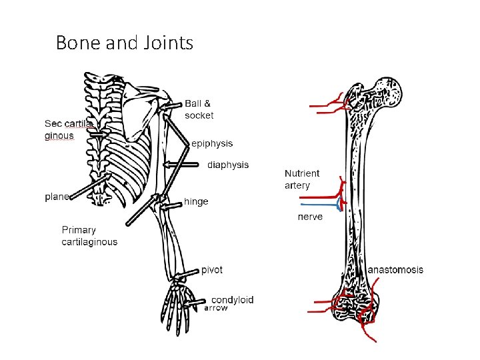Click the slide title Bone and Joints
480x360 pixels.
(x=125, y=43)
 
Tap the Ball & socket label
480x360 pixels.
(x=199, y=109)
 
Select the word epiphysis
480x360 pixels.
(x=212, y=143)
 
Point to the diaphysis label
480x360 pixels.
(x=228, y=165)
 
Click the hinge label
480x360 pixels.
(x=196, y=201)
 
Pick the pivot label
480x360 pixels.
(x=212, y=270)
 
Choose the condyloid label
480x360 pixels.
(x=232, y=299)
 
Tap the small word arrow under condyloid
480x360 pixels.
(x=216, y=308)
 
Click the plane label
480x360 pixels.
(x=56, y=197)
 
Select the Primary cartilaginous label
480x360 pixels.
(x=89, y=236)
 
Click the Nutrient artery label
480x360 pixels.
(x=301, y=179)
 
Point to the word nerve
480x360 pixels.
(x=310, y=217)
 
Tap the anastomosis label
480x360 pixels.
(x=395, y=270)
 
